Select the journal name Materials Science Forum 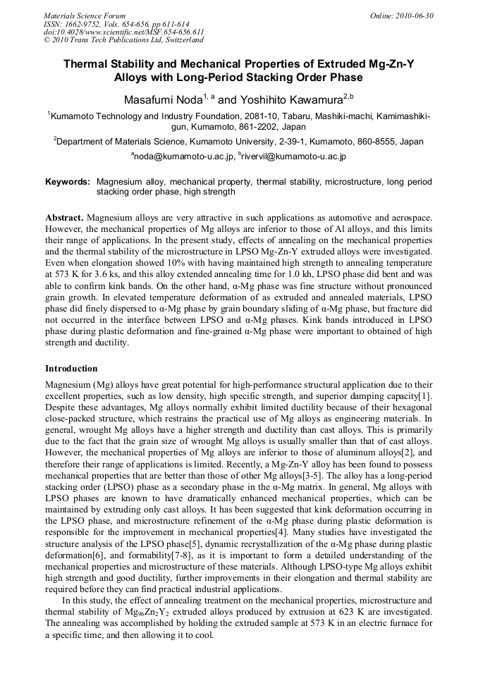85,16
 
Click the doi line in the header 124,32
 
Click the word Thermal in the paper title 88,64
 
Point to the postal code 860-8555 381,142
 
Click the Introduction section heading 71,368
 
